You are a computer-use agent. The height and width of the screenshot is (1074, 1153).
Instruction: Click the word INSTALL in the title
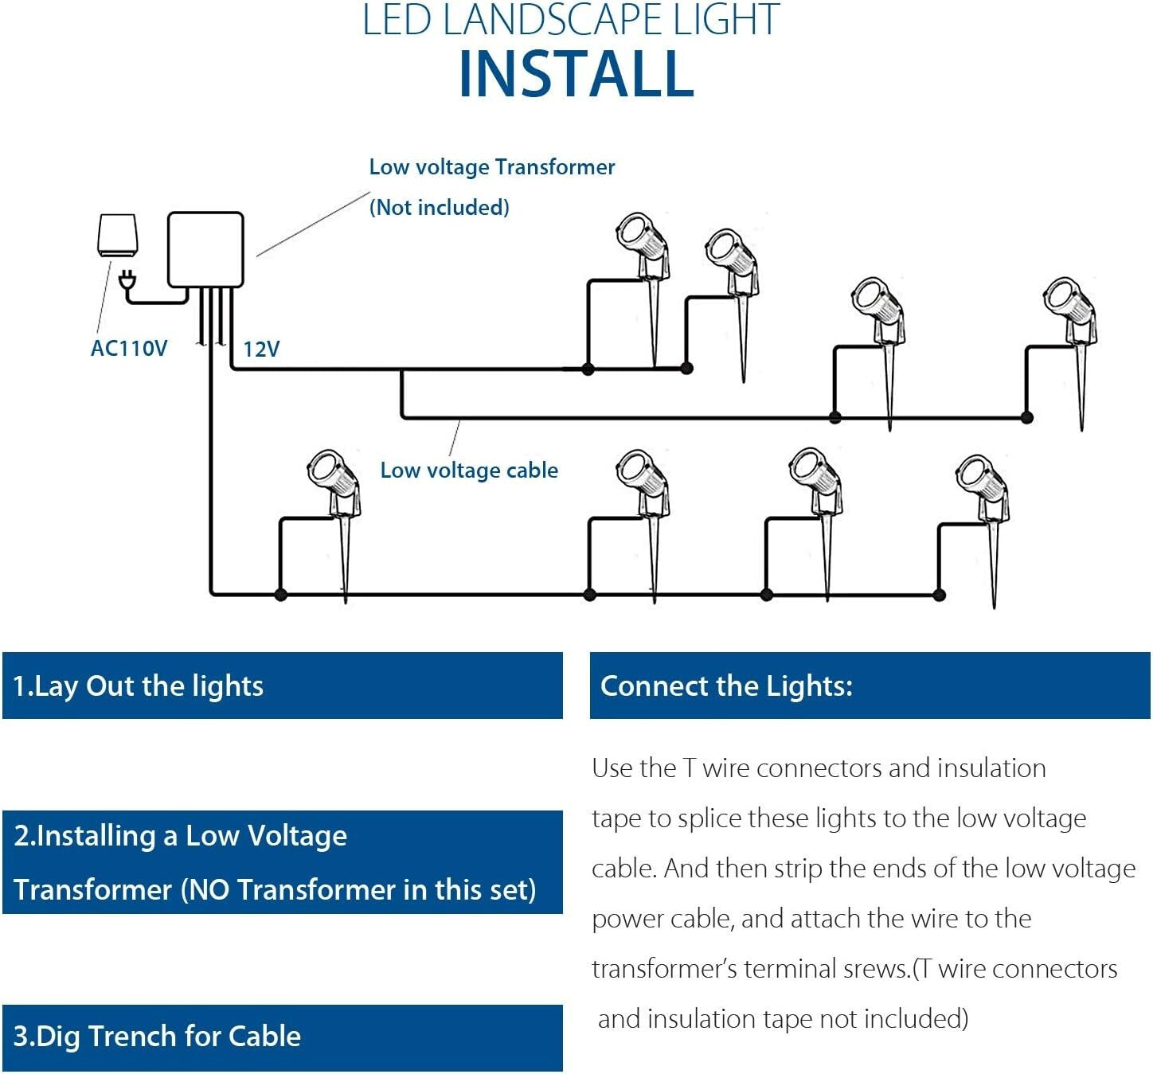[576, 74]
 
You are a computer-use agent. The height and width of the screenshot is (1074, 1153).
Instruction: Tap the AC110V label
[129, 349]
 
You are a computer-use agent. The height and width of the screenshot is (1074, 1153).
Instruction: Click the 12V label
[261, 350]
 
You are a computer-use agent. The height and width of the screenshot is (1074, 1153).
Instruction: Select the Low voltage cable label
[469, 471]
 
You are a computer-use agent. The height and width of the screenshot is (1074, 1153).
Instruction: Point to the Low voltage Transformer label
[491, 167]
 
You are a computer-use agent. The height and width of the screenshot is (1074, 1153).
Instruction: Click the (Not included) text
[439, 208]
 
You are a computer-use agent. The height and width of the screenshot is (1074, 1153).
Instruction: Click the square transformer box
[205, 249]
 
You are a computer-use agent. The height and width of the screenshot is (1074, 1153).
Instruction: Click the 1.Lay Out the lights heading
[138, 686]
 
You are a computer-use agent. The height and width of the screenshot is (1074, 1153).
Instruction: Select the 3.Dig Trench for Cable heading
[157, 1037]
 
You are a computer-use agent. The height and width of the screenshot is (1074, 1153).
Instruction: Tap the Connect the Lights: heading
[726, 686]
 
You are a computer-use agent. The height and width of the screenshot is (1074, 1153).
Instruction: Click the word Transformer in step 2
[92, 890]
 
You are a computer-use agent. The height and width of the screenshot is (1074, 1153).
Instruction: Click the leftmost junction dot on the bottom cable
[280, 594]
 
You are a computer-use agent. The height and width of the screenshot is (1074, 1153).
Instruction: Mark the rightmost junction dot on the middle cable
[1027, 417]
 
